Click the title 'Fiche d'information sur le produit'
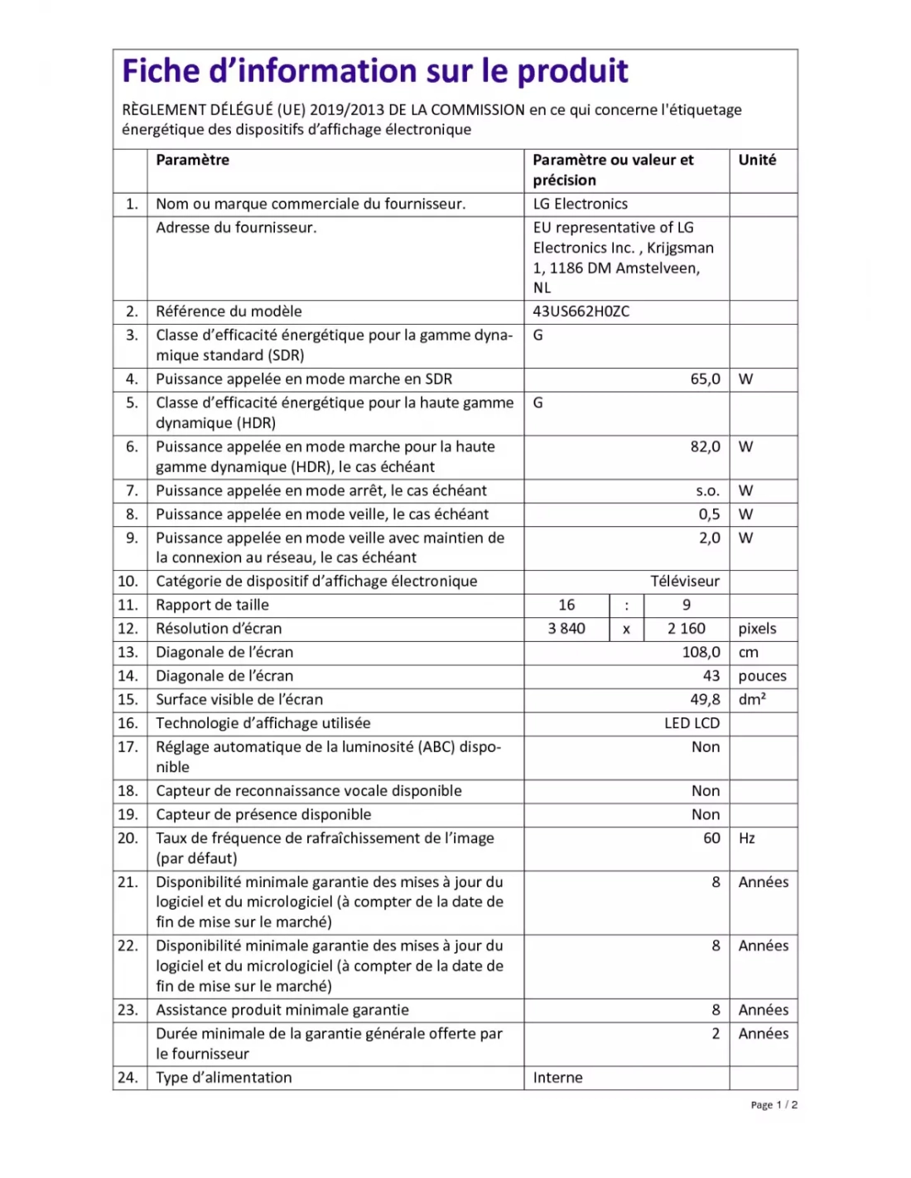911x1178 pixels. pyautogui.click(x=375, y=71)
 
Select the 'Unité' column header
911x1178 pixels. pyautogui.click(x=757, y=160)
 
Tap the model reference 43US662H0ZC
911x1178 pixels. pyautogui.click(x=581, y=311)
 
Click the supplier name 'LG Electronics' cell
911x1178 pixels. pyautogui.click(x=580, y=204)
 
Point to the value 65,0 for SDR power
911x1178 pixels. pyautogui.click(x=705, y=379)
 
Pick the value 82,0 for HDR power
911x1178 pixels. pyautogui.click(x=705, y=447)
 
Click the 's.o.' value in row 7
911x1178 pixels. pyautogui.click(x=707, y=490)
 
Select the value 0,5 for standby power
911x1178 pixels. pyautogui.click(x=709, y=514)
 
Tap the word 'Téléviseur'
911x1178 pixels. pyautogui.click(x=684, y=582)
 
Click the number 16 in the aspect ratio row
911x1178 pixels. pyautogui.click(x=566, y=606)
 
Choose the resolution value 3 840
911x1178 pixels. pyautogui.click(x=566, y=629)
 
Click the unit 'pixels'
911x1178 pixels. pyautogui.click(x=757, y=629)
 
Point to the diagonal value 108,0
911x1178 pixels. pyautogui.click(x=701, y=653)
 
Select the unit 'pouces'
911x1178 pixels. pyautogui.click(x=762, y=676)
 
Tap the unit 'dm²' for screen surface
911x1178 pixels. pyautogui.click(x=752, y=700)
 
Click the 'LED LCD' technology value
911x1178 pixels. pyautogui.click(x=692, y=723)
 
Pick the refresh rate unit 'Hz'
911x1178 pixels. pyautogui.click(x=747, y=838)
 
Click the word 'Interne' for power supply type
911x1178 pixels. pyautogui.click(x=557, y=1078)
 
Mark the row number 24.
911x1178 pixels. pyautogui.click(x=128, y=1078)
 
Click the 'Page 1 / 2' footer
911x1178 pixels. pyautogui.click(x=774, y=1105)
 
